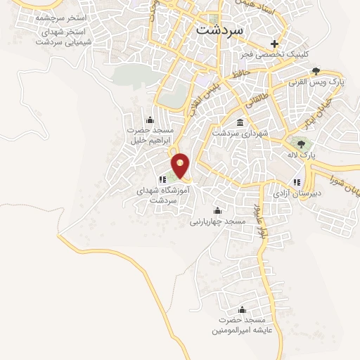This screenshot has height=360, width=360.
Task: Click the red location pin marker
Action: click(181, 165)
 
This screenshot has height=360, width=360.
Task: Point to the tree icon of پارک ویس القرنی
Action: click(316, 70)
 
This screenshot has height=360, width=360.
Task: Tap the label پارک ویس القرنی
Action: click(314, 82)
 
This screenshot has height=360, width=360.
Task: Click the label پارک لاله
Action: click(310, 153)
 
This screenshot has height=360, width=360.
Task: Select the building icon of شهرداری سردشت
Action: click(240, 122)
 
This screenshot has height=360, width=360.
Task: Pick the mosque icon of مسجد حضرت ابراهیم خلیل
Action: click(149, 120)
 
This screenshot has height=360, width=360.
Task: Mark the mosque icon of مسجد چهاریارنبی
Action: click(217, 210)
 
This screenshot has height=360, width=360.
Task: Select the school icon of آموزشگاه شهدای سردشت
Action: click(163, 179)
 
